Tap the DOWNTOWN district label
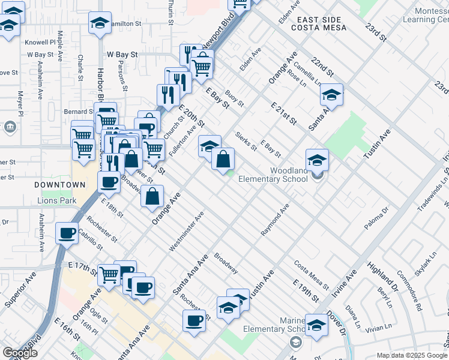coord(59,185)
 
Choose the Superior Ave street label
coord(20,290)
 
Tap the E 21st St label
coord(284,113)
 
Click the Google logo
coord(20,353)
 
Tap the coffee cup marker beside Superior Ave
coord(67,233)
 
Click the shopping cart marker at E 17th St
coord(109,274)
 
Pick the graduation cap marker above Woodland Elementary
coord(317,160)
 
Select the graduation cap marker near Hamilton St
coord(100,24)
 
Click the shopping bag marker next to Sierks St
coord(223,159)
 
